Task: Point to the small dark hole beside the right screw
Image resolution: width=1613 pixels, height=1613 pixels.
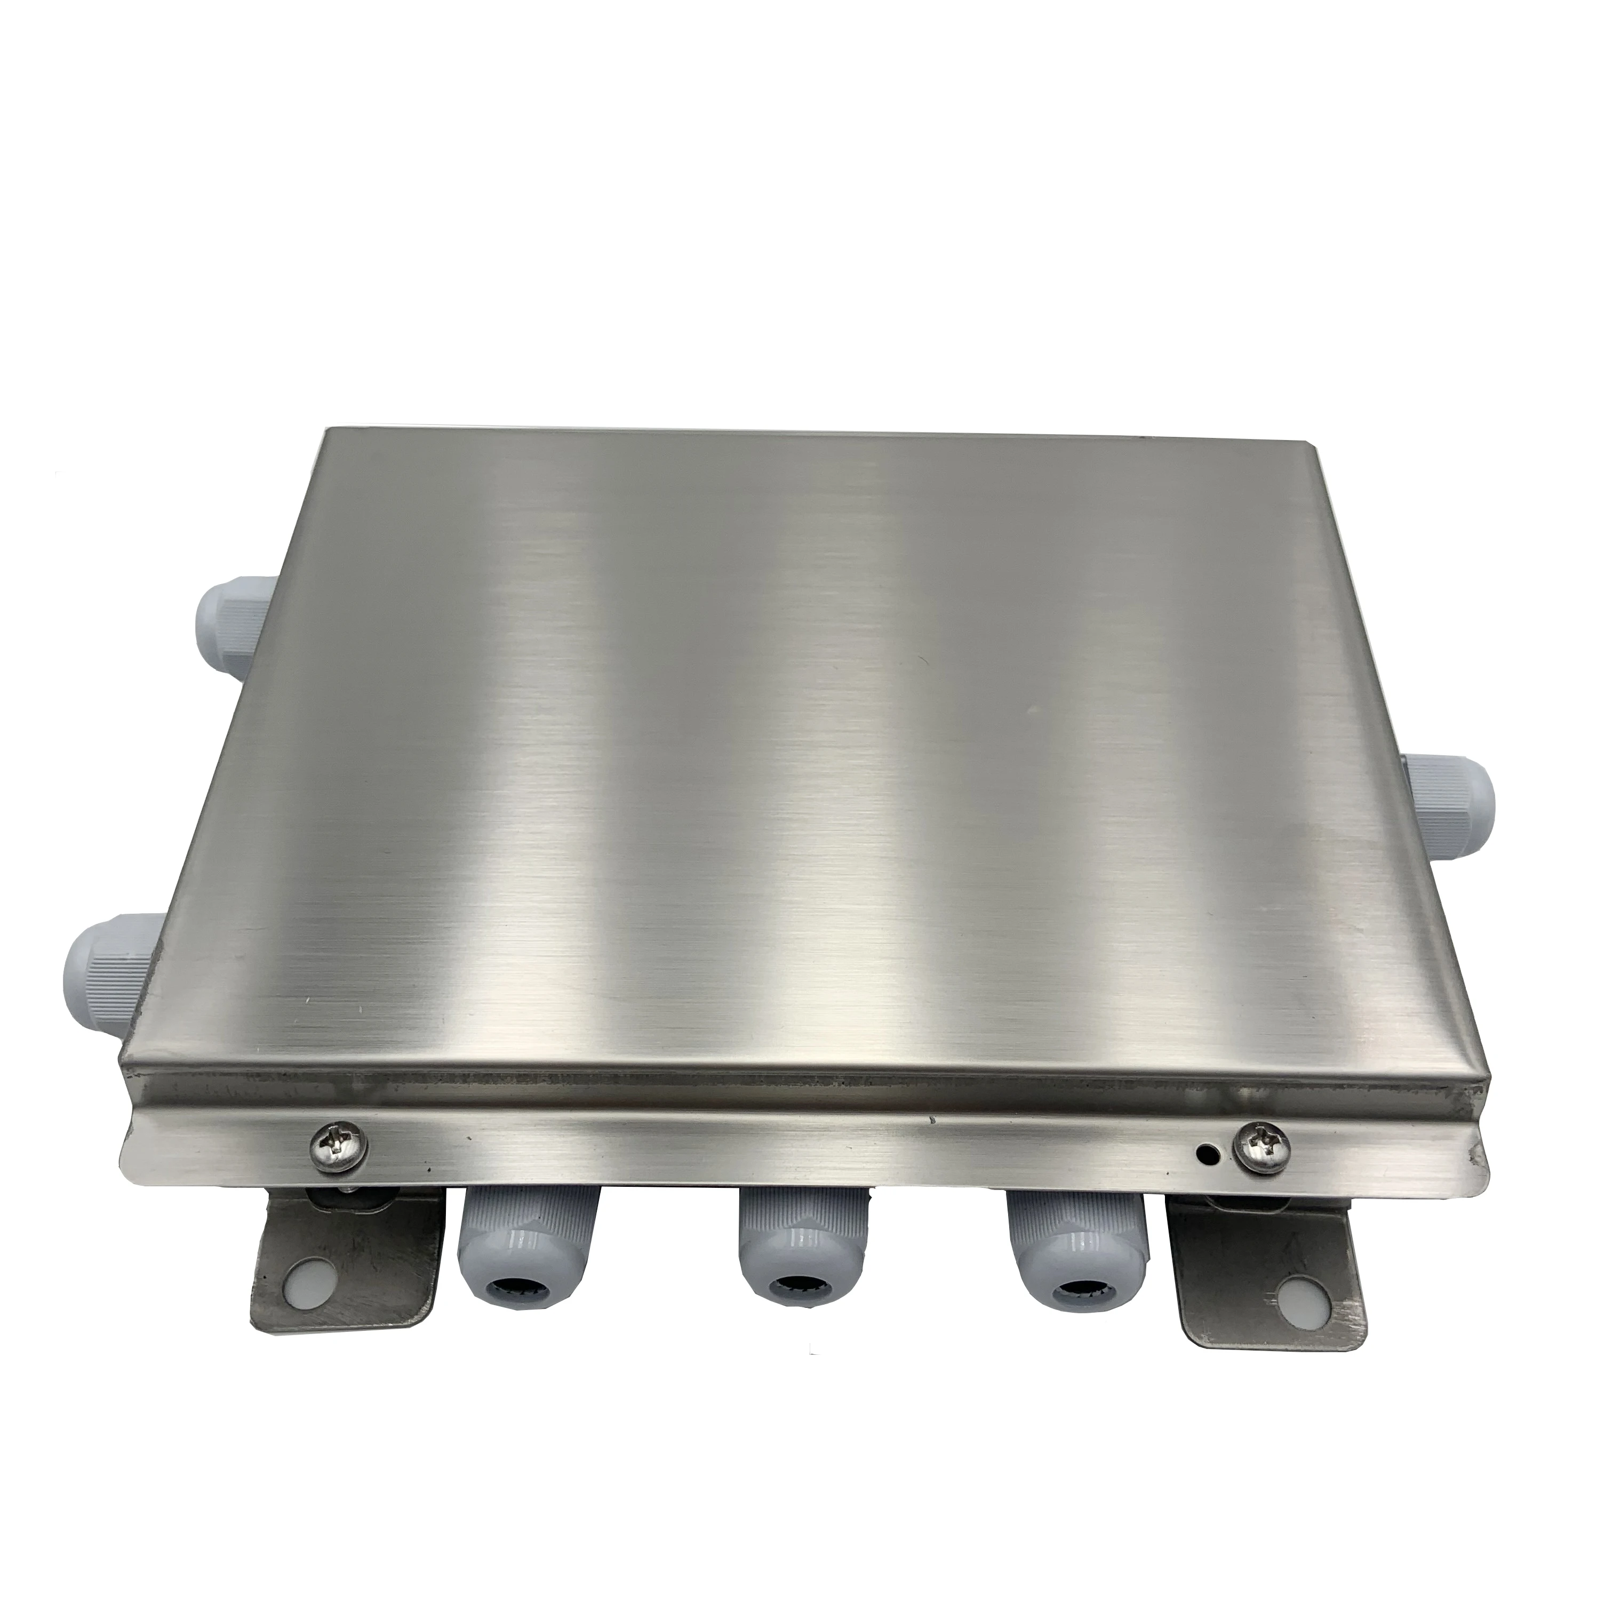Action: [x=1205, y=1155]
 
